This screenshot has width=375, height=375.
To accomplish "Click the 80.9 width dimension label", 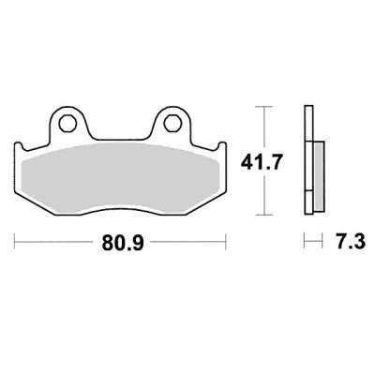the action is (x=123, y=242).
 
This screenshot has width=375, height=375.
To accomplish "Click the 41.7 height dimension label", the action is (x=262, y=162).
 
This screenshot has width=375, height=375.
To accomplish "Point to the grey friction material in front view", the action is (x=120, y=177).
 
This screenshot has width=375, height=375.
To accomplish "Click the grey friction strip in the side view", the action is (x=320, y=177).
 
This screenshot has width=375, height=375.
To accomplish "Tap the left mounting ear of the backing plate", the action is (x=68, y=123).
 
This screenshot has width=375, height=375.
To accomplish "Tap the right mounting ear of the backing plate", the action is (x=171, y=123).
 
